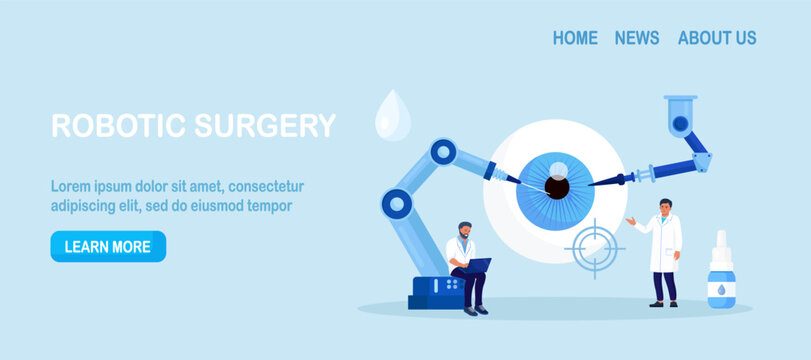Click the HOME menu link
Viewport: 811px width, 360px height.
[x=575, y=38]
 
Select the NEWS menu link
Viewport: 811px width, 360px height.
[x=637, y=38]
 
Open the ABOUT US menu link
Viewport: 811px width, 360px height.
[x=717, y=38]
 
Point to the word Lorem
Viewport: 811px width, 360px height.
[x=71, y=186]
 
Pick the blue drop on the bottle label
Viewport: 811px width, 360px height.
[x=719, y=288]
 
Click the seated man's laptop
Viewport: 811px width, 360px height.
[x=476, y=265]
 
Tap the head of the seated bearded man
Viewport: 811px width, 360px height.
[x=466, y=231]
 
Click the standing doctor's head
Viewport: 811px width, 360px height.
[x=666, y=208]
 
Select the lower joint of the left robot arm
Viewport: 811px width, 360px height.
[x=397, y=204]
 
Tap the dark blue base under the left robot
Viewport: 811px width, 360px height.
[x=436, y=292]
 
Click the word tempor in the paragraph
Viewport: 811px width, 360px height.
[x=267, y=206]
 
